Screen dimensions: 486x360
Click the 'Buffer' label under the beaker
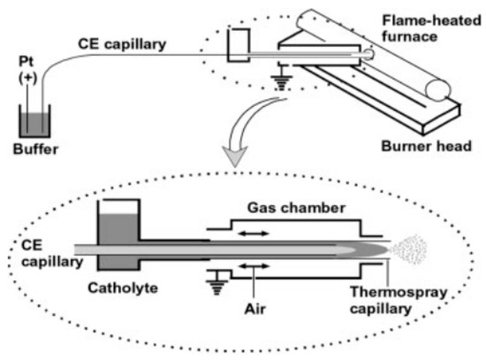35,149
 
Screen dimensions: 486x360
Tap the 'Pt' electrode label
26,61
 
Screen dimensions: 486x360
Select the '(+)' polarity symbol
28,78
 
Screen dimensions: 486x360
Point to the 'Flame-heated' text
431,20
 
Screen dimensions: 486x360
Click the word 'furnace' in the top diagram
409,36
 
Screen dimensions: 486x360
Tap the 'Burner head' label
426,146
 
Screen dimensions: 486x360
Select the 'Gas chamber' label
296,208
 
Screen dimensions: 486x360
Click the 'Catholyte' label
123,287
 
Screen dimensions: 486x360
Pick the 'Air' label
254,309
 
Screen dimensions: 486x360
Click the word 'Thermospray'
399,292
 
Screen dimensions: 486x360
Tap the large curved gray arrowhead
235,156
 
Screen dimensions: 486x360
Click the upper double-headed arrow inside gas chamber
254,234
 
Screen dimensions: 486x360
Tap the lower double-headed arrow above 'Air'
254,266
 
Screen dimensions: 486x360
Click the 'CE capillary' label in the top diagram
122,44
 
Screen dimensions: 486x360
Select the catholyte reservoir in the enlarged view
118,235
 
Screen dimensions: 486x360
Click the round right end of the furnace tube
437,90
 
